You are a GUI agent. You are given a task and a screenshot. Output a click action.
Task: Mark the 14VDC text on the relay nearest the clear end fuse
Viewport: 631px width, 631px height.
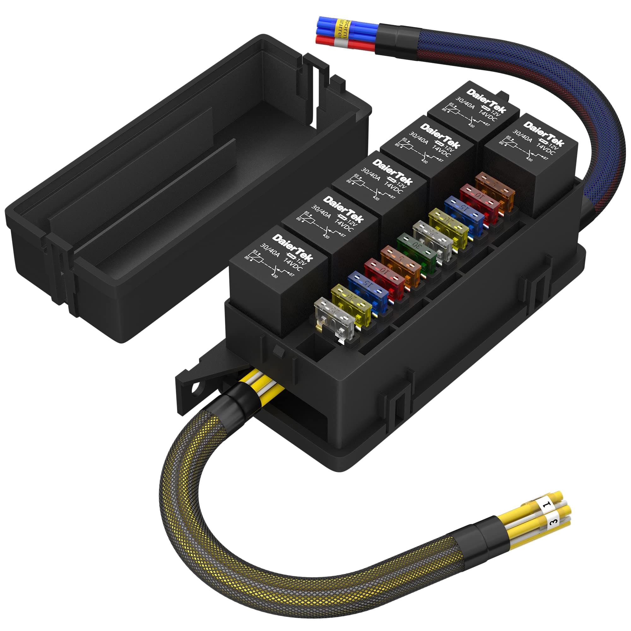click(x=293, y=265)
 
